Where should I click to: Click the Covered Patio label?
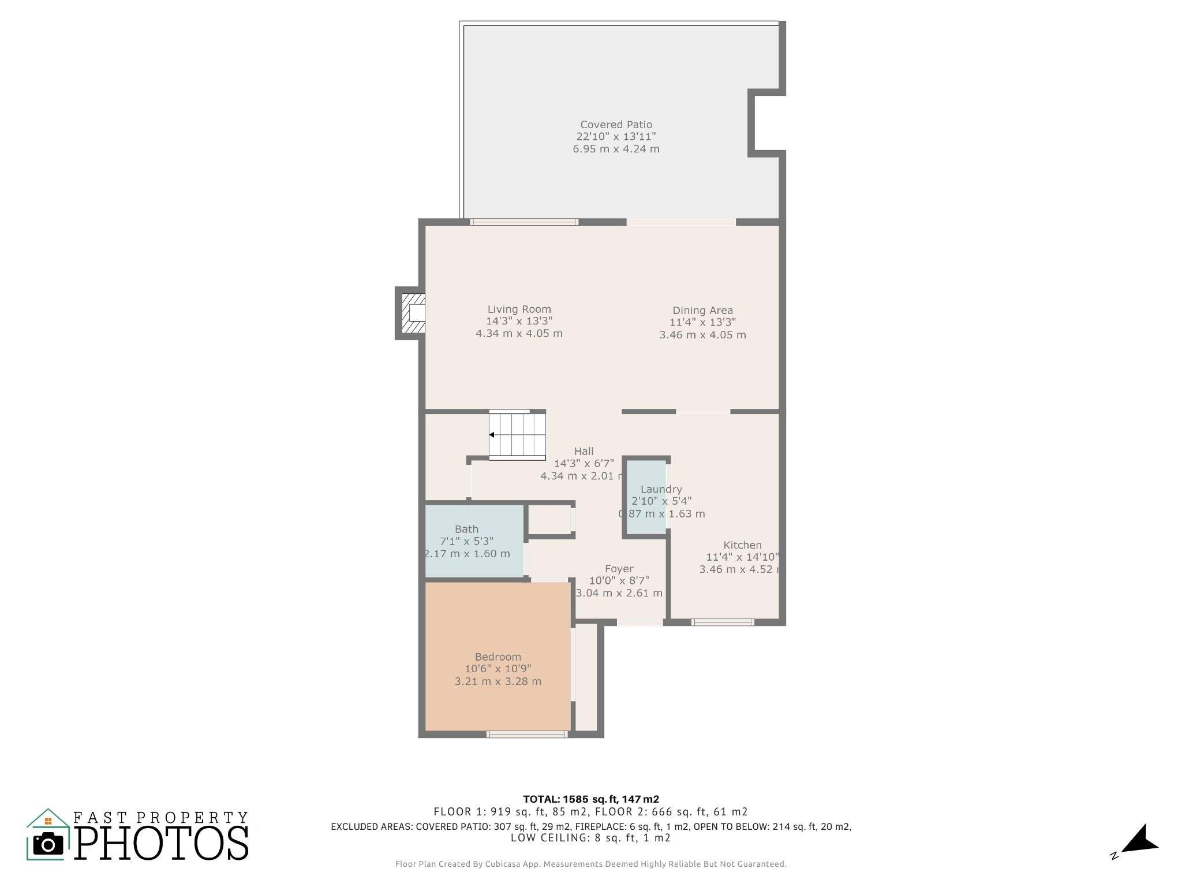(x=616, y=125)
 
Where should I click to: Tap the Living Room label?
(x=519, y=310)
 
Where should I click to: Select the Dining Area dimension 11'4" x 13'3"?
(x=702, y=322)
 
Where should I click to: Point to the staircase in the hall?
(x=518, y=435)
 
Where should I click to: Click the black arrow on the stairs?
(x=492, y=435)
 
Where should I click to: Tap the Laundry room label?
(x=661, y=489)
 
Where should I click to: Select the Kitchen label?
(x=742, y=545)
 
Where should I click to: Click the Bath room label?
(x=466, y=529)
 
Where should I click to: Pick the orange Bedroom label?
(x=498, y=657)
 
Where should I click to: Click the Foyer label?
(x=619, y=569)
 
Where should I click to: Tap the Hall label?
(x=583, y=451)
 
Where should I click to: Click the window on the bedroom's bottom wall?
(x=527, y=735)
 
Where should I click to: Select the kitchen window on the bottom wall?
(x=723, y=623)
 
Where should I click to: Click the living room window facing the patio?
(x=524, y=222)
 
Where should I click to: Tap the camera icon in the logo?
(x=48, y=844)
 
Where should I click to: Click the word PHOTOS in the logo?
(x=162, y=844)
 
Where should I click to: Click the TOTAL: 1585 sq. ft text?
(x=591, y=799)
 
